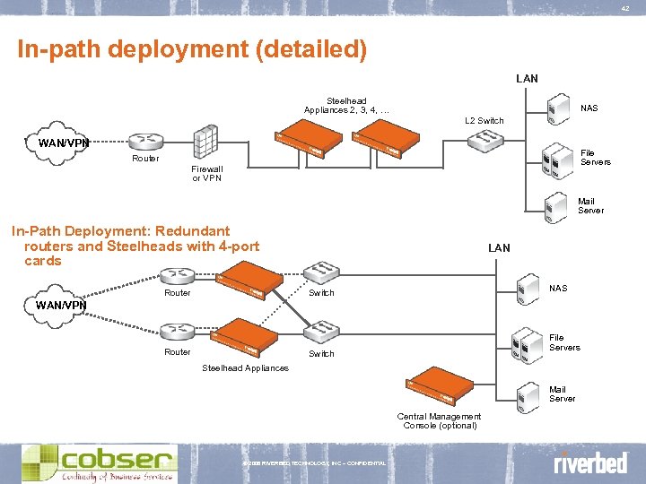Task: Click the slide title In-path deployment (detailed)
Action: [192, 48]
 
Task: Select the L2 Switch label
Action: [484, 120]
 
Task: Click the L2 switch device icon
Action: [489, 139]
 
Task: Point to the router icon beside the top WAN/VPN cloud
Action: [144, 141]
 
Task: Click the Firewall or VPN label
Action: [207, 173]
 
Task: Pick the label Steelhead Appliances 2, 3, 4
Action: [345, 106]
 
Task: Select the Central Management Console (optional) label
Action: [439, 420]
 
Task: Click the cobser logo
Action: [100, 462]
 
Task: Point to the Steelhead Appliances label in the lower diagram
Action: [245, 367]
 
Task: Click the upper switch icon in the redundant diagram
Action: [319, 273]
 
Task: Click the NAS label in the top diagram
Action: [589, 108]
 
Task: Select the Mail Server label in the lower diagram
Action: [563, 394]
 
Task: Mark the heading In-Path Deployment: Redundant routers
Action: [135, 246]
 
